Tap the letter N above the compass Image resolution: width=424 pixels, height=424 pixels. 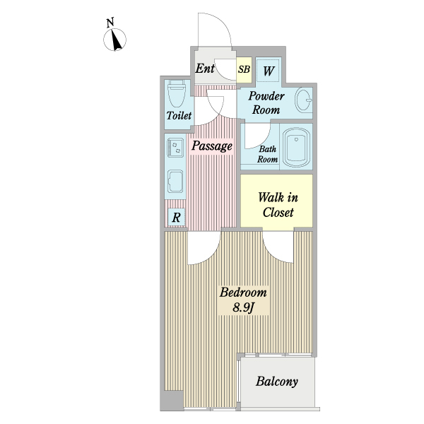tap(110, 23)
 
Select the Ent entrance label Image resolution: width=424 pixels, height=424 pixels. tap(205, 69)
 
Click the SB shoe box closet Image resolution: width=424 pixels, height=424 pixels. tap(245, 69)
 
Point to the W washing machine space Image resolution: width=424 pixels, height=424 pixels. tap(269, 71)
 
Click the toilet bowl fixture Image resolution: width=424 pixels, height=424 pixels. tap(177, 94)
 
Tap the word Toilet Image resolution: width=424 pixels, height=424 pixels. tap(179, 116)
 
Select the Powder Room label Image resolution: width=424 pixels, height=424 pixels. tap(266, 103)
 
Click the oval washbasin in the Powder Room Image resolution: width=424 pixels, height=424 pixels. tap(303, 100)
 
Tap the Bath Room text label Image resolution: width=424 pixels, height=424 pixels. tap(267, 154)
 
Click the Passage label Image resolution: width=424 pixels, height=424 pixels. tap(212, 146)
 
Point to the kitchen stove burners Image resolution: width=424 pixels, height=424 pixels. tap(175, 148)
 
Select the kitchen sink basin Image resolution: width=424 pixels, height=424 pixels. tap(175, 182)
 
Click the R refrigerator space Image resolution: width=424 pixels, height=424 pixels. tap(176, 217)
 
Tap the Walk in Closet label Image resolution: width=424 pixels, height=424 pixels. tap(278, 205)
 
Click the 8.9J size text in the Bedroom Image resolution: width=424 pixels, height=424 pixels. tap(244, 307)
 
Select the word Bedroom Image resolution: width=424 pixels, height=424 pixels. tap(243, 293)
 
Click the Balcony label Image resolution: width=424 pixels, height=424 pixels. tap(277, 382)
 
